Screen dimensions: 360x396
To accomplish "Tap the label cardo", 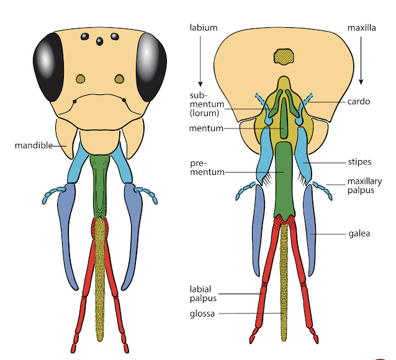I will tap(359, 101).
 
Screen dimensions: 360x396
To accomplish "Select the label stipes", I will tap(359, 162).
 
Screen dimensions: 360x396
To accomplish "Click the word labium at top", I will tap(203, 27).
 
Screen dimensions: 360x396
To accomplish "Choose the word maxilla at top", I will tap(361, 27).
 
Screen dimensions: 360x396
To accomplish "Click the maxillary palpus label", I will tap(360, 186).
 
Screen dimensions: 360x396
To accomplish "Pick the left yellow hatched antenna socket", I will tap(80, 79).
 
